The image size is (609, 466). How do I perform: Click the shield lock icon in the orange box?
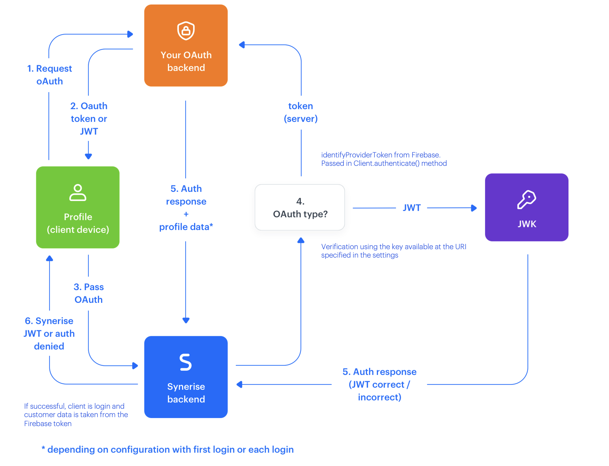click(x=186, y=31)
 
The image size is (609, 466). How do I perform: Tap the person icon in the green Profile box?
click(x=78, y=193)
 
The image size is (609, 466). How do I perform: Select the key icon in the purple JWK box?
click(x=526, y=199)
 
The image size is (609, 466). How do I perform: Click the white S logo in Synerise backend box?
click(x=185, y=362)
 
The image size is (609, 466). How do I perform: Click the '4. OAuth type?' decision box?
click(x=300, y=208)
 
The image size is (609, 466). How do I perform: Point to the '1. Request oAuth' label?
click(x=49, y=75)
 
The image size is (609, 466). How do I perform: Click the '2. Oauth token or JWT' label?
click(x=89, y=118)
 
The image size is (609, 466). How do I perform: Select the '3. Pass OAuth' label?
click(x=89, y=293)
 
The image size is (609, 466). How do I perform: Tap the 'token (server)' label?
click(x=301, y=112)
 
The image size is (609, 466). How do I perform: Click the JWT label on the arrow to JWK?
click(x=412, y=208)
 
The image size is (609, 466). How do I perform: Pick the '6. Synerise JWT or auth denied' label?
click(x=49, y=333)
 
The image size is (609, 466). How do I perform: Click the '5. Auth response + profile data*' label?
click(x=186, y=208)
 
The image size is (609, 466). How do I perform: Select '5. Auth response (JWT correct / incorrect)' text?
click(x=379, y=384)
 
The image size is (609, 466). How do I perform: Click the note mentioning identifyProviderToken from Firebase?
click(x=384, y=159)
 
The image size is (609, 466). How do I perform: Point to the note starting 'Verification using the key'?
click(x=393, y=251)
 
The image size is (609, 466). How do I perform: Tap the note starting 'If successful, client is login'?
click(x=76, y=415)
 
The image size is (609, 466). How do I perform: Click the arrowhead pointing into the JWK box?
click(x=474, y=208)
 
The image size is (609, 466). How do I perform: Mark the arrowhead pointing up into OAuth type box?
click(x=301, y=240)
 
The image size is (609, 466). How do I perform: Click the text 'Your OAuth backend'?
click(x=186, y=61)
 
